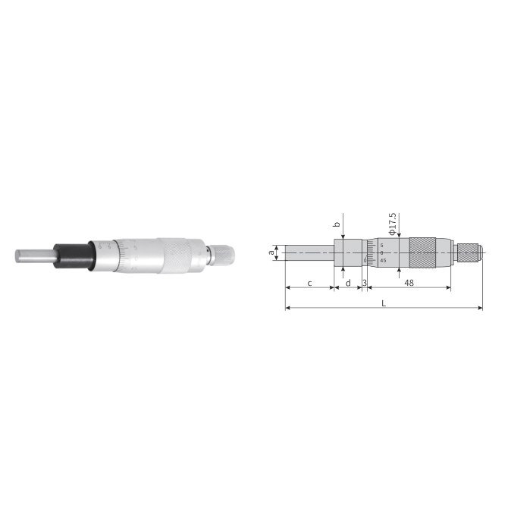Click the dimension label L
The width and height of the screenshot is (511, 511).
[x=384, y=302]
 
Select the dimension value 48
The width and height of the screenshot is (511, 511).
[x=409, y=283]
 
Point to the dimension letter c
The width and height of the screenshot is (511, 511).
[x=309, y=283]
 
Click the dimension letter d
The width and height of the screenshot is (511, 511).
[x=347, y=283]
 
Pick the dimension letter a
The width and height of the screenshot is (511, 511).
[x=271, y=253]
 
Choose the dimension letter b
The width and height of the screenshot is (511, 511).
[x=337, y=224]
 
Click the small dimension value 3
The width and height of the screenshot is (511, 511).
[x=365, y=283]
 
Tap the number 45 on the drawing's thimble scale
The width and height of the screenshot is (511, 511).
[x=383, y=261]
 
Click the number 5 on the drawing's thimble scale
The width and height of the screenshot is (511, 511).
[x=382, y=246]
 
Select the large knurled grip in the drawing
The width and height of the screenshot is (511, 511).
[x=423, y=252]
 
